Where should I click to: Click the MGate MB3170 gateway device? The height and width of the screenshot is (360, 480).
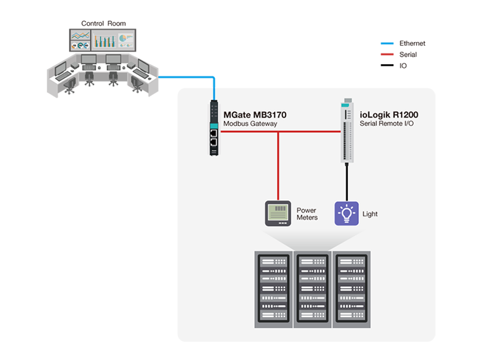214,128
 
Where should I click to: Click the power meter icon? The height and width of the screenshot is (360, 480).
278,213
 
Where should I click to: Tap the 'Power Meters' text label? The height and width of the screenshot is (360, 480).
307,214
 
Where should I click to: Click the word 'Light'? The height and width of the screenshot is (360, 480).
370,214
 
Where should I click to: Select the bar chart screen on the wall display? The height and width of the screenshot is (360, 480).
104,40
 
